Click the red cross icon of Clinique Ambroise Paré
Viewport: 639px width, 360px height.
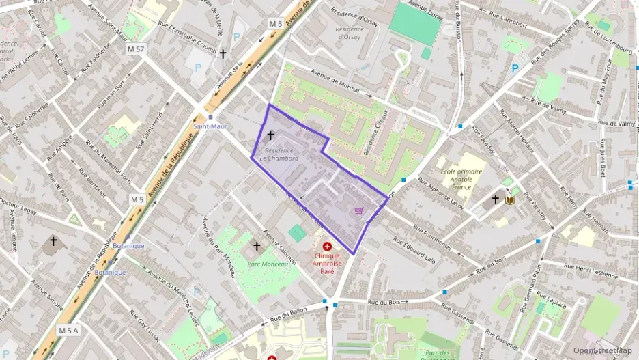327,245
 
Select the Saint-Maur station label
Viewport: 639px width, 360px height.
210,126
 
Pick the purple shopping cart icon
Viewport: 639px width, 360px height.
358,211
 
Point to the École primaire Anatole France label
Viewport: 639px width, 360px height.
461,179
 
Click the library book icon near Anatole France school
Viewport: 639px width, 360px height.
509,200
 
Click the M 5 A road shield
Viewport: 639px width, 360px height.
68,331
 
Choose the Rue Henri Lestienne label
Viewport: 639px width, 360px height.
585,272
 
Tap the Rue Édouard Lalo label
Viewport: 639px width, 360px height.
414,251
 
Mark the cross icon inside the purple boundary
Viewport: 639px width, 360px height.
270,136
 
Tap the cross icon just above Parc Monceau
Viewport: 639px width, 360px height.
257,246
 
